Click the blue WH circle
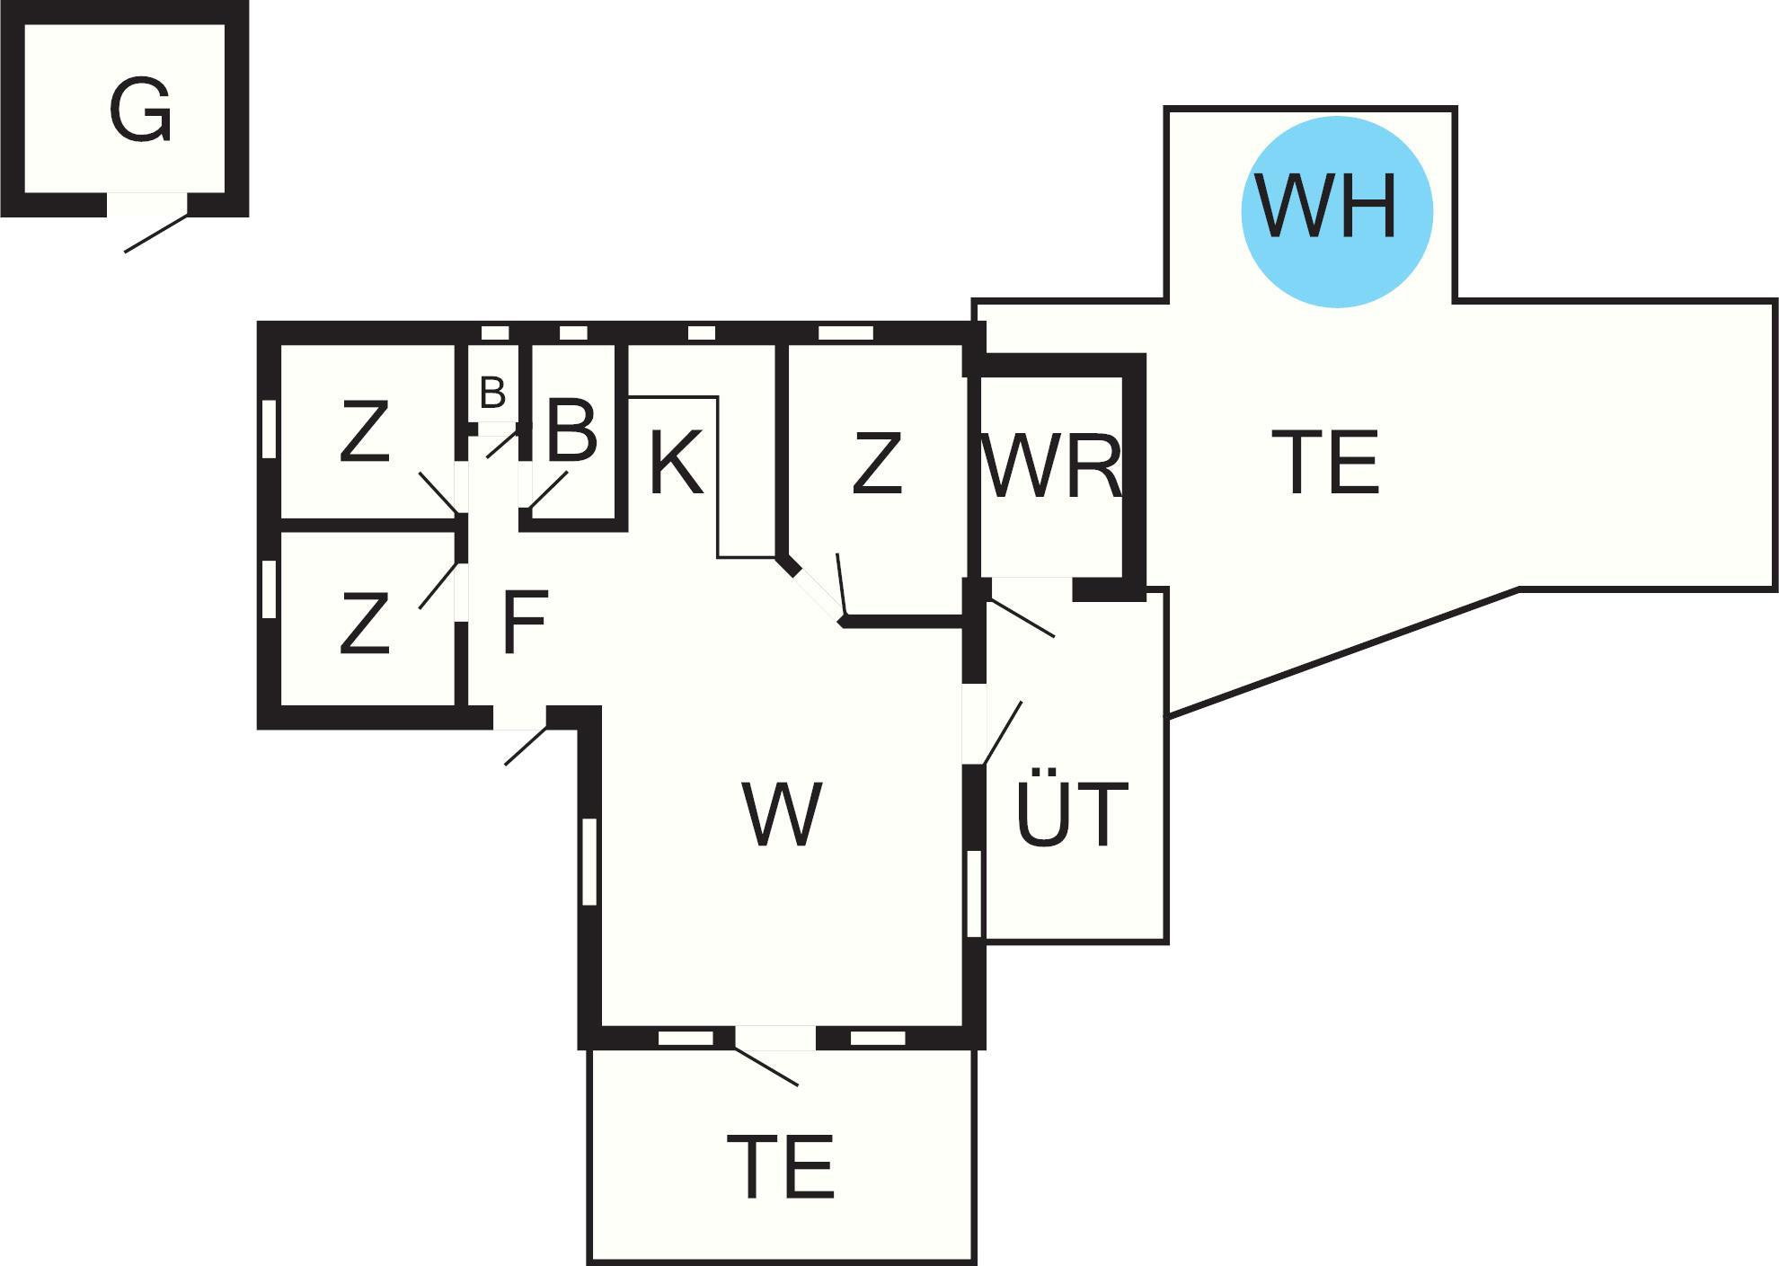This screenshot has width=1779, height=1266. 1336,212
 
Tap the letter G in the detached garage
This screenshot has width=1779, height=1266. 140,111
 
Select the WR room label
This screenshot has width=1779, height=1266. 1052,466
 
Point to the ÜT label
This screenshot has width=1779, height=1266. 1071,813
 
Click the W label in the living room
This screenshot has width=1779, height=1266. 782,813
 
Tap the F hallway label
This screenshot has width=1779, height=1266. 524,622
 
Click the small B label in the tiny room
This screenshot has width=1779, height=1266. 492,393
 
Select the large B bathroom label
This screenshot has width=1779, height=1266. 571,431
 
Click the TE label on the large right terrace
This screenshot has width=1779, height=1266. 1325,463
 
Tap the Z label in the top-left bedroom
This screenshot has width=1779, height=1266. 364,433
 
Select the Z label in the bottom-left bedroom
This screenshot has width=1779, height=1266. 364,624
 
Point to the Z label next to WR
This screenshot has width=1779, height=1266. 876,464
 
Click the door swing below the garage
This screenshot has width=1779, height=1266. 155,234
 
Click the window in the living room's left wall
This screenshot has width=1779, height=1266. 589,862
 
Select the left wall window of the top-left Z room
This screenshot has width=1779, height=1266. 269,429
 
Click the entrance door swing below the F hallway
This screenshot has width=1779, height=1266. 527,745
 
